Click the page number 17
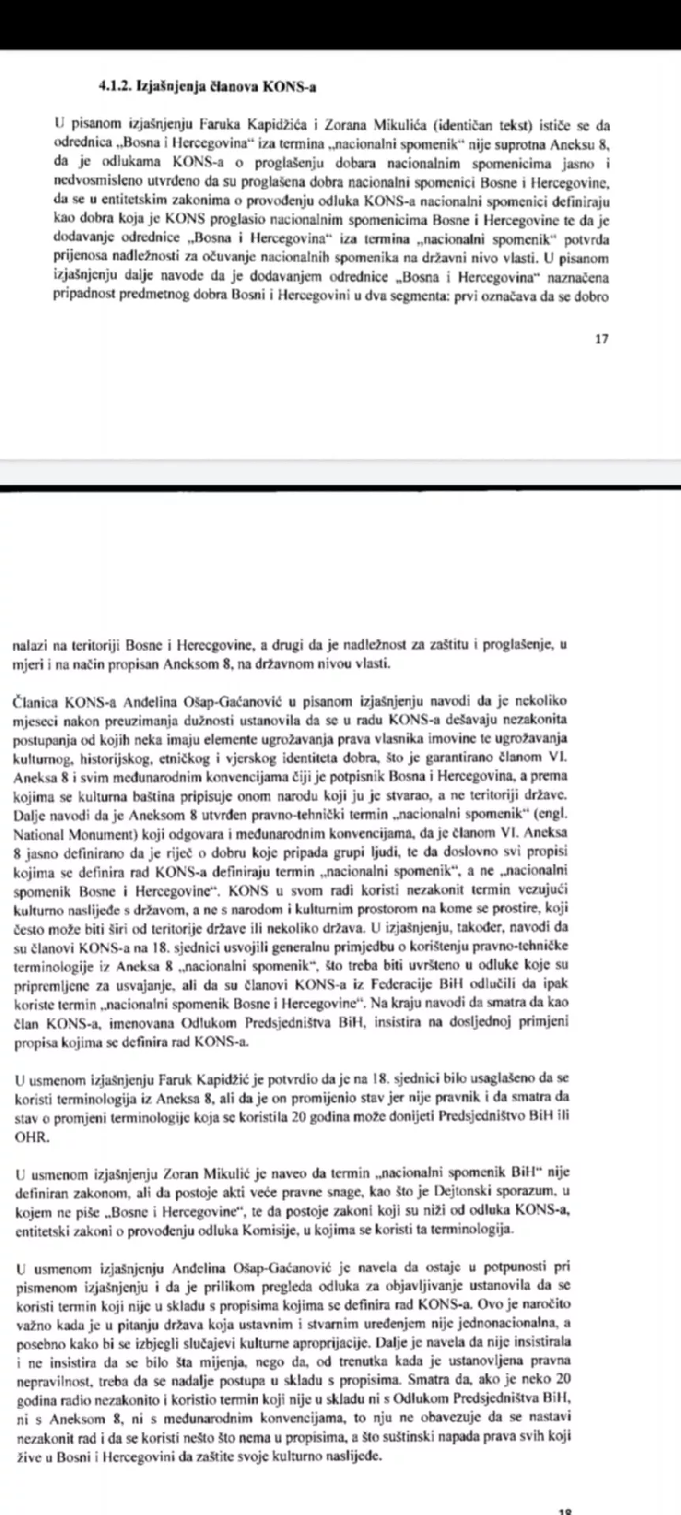[x=602, y=339]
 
